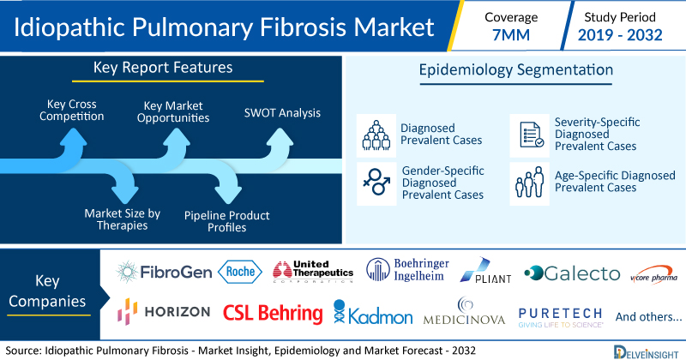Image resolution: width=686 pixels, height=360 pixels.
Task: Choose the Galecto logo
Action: click(571, 273)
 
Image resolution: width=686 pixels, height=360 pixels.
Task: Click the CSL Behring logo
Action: click(272, 312)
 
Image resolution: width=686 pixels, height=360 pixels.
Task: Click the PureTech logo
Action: click(560, 315)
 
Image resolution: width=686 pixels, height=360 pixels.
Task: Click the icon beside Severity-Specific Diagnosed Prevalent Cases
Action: click(529, 133)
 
